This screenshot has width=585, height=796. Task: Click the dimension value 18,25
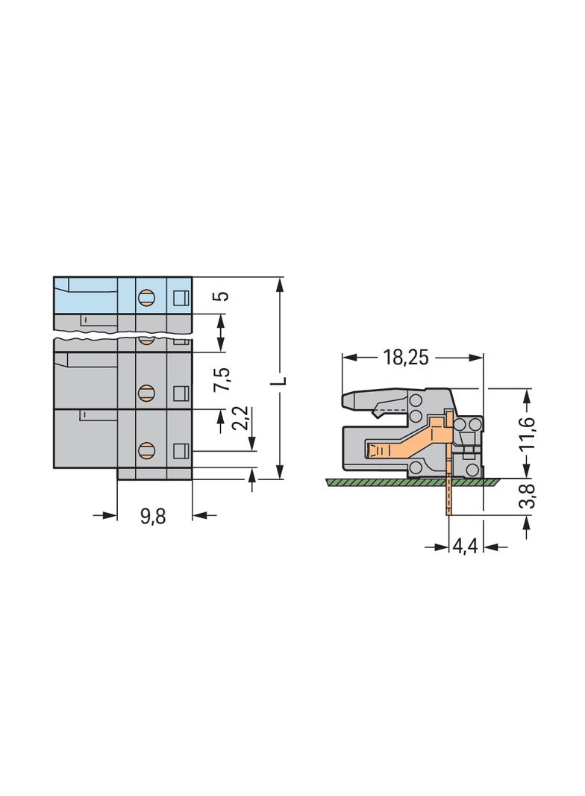point(405,358)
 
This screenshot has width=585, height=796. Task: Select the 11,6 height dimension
point(528,433)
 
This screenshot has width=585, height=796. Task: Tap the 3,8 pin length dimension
point(528,496)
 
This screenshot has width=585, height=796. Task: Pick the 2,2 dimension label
point(243,417)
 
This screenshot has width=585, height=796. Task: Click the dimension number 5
point(222,296)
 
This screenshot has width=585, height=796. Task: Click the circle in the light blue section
point(146,296)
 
